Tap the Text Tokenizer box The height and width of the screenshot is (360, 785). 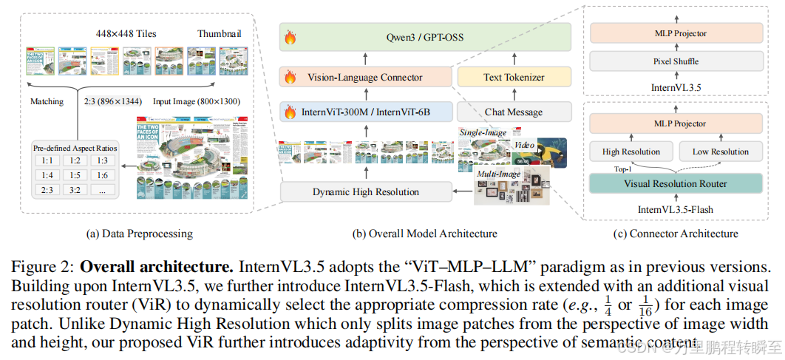[514, 76]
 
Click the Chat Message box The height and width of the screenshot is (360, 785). [514, 112]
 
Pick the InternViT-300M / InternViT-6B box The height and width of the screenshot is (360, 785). [366, 112]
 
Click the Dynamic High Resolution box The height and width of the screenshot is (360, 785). [366, 192]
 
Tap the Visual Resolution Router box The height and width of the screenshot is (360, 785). [676, 184]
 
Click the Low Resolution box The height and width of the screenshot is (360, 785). [720, 152]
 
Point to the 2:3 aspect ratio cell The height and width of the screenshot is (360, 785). [47, 189]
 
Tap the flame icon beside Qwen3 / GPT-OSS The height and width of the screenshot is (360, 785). [290, 37]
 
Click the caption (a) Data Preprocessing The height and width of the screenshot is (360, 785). [140, 234]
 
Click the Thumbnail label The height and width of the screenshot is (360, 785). [220, 34]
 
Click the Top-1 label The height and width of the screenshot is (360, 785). [602, 169]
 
